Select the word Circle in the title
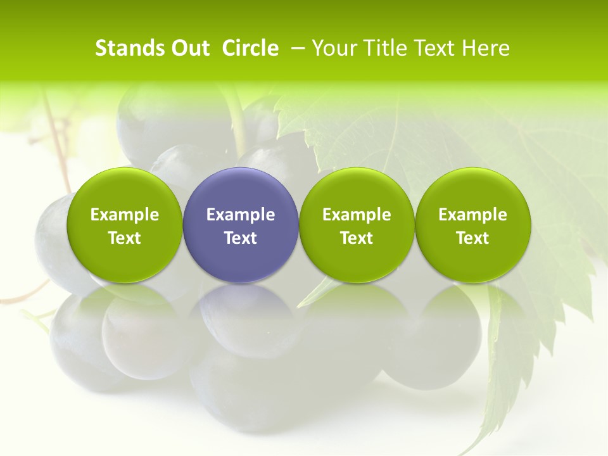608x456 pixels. click(x=250, y=48)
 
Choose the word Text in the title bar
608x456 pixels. click(x=432, y=48)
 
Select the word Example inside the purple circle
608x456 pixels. click(x=241, y=215)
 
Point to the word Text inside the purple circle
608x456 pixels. click(x=241, y=238)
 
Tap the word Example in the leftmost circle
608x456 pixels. click(x=125, y=215)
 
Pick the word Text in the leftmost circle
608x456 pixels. click(x=125, y=238)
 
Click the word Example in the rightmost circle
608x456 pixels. click(x=473, y=215)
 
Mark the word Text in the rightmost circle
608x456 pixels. click(x=473, y=238)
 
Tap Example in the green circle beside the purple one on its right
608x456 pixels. click(x=357, y=215)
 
